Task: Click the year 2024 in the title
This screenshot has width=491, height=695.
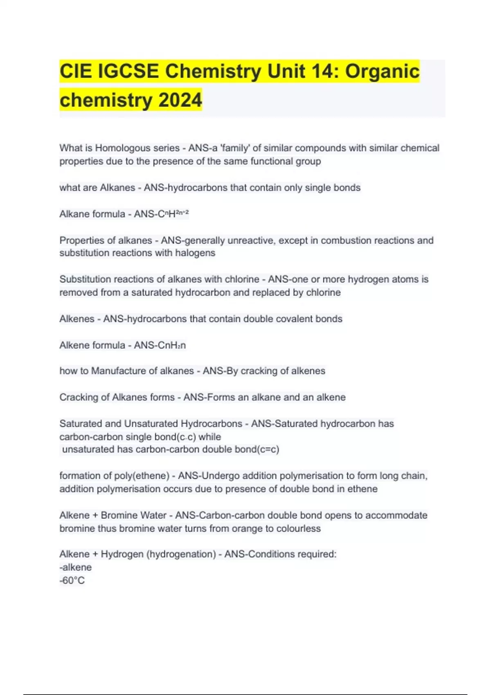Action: tap(180, 100)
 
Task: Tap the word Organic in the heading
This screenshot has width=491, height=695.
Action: tap(382, 71)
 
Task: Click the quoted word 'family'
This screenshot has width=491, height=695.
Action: tap(235, 148)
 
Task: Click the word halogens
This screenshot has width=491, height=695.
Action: tap(195, 253)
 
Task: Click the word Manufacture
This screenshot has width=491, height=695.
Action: tap(115, 371)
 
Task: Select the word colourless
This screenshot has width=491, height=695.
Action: tap(298, 529)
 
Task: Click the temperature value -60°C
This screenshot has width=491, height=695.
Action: tap(72, 581)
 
